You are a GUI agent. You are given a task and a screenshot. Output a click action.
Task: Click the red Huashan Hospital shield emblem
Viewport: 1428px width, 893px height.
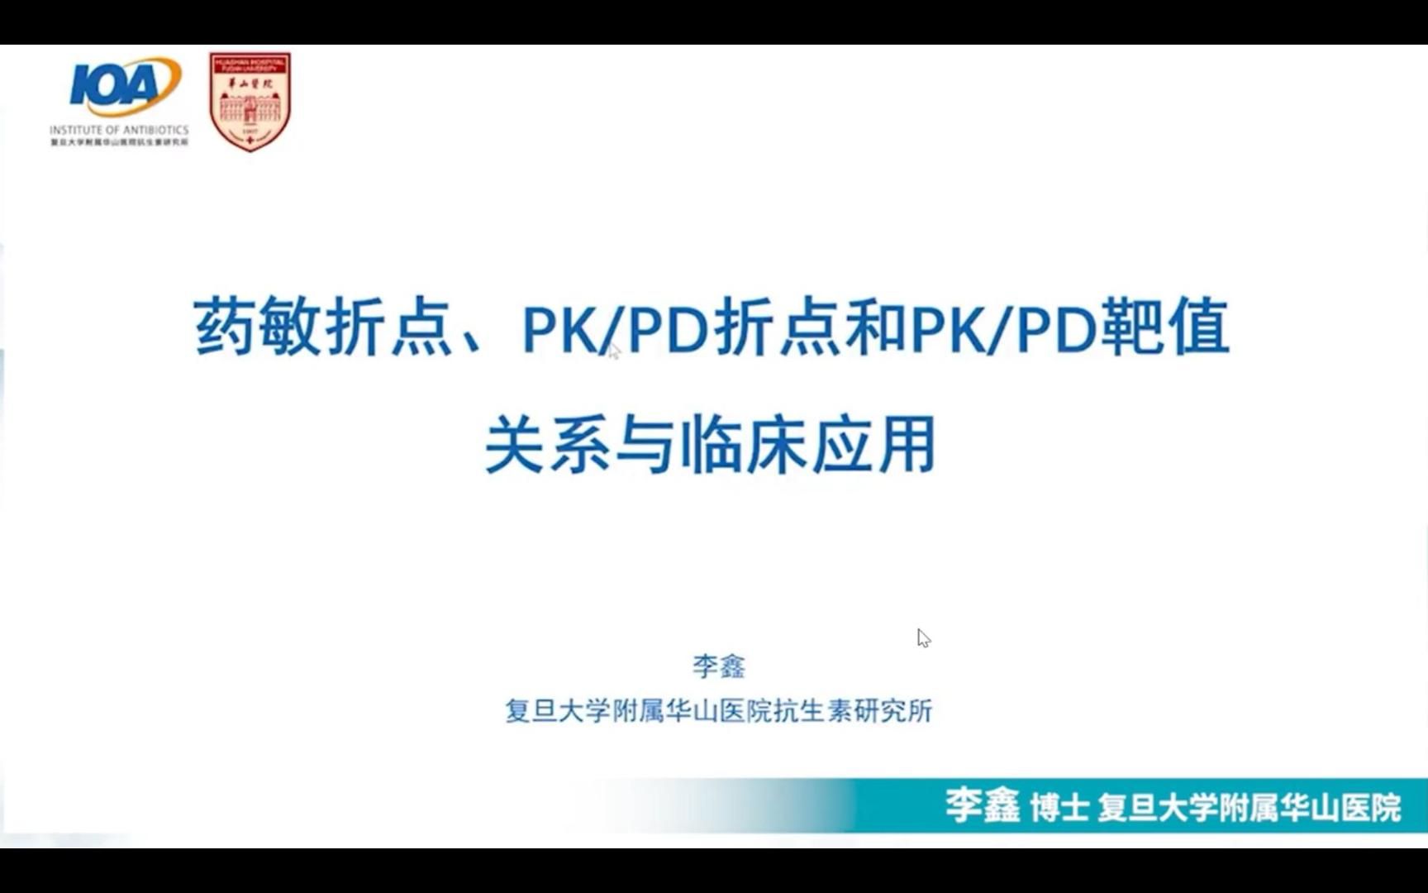click(x=250, y=101)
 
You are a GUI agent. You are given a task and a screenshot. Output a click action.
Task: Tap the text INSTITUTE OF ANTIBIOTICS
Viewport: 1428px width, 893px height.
click(x=119, y=130)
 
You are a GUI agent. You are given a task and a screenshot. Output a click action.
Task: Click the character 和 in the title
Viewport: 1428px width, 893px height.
click(x=877, y=327)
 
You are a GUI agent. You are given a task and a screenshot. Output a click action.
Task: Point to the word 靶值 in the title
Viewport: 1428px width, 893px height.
click(x=1167, y=327)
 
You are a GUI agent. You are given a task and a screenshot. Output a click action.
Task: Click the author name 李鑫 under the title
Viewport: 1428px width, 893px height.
click(x=718, y=666)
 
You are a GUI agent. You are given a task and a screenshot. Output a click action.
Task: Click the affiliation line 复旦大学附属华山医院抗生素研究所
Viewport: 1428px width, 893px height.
click(x=718, y=710)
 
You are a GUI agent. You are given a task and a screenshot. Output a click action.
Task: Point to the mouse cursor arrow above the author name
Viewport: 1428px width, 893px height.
click(x=923, y=638)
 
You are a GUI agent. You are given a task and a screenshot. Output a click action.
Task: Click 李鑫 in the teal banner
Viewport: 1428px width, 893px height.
click(x=983, y=806)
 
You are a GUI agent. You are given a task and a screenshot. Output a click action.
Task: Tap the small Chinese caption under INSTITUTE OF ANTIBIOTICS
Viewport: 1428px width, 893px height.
click(x=119, y=143)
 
